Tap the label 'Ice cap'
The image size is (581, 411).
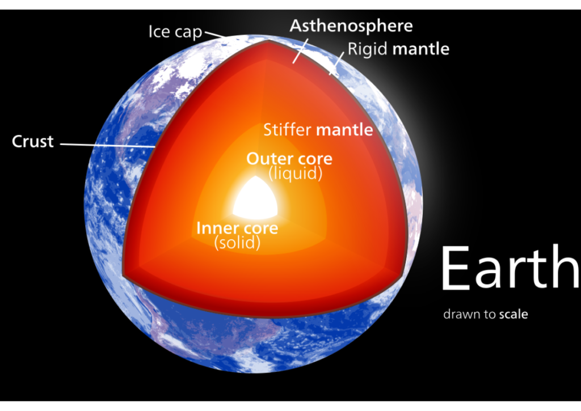click(x=175, y=32)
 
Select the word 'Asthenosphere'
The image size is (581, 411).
click(x=351, y=26)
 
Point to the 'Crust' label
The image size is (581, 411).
click(x=32, y=141)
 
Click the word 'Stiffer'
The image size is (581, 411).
click(x=288, y=130)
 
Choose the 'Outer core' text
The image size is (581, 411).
click(x=289, y=159)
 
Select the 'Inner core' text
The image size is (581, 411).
click(x=237, y=228)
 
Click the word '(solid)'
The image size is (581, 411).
click(x=237, y=243)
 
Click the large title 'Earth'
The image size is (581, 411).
click(x=510, y=268)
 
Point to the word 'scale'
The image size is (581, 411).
click(x=513, y=314)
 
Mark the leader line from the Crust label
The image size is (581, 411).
click(x=108, y=145)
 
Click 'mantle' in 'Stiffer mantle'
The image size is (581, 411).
click(x=344, y=130)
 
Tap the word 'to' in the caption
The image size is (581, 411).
click(x=489, y=314)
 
